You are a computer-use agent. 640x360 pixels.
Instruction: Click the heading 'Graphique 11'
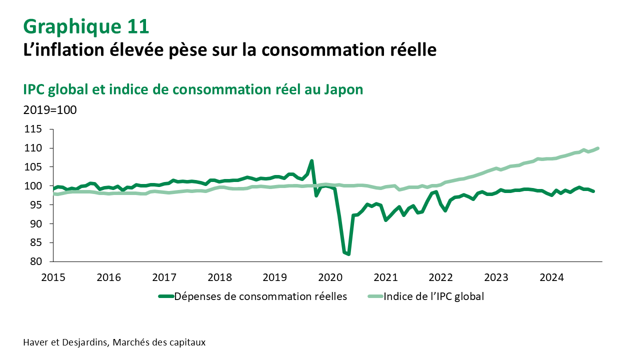pyautogui.click(x=86, y=26)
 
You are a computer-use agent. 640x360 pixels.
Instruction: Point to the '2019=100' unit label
pyautogui.click(x=50, y=110)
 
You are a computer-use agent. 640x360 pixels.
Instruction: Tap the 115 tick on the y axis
pyautogui.click(x=37, y=129)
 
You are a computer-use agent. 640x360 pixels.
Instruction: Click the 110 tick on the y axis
pyautogui.click(x=37, y=148)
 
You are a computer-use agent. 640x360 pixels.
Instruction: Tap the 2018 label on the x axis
pyautogui.click(x=219, y=277)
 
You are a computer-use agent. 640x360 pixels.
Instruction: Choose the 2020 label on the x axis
pyautogui.click(x=329, y=277)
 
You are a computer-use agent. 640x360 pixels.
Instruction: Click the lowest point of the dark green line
pyautogui.click(x=348, y=254)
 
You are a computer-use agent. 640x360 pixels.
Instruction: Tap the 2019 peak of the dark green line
pyautogui.click(x=311, y=161)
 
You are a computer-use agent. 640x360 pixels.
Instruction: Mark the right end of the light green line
pyautogui.click(x=598, y=148)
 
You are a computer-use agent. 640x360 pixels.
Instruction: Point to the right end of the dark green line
pyautogui.click(x=593, y=191)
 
